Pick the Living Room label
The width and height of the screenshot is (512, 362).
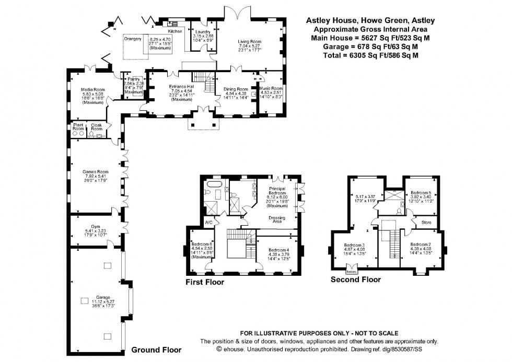pyautogui.click(x=250, y=42)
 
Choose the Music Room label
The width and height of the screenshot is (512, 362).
pyautogui.click(x=271, y=89)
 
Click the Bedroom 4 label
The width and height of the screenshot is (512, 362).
pyautogui.click(x=274, y=250)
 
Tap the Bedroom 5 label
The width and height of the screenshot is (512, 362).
pyautogui.click(x=421, y=192)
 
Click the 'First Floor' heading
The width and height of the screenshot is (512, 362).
pyautogui.click(x=205, y=282)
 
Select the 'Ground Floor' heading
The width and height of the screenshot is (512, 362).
pyautogui.click(x=156, y=350)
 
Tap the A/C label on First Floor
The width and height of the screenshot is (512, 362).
pyautogui.click(x=208, y=223)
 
